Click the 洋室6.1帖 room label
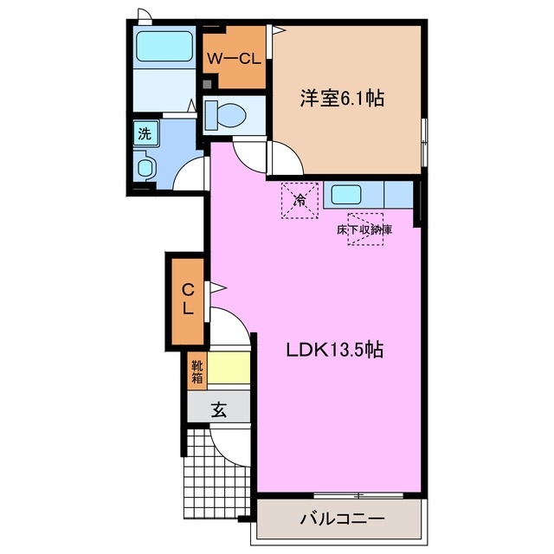(343, 99)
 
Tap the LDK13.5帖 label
(336, 351)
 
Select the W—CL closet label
(233, 60)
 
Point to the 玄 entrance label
(219, 411)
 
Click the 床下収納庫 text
(364, 230)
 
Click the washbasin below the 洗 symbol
(145, 166)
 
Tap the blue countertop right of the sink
(397, 195)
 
